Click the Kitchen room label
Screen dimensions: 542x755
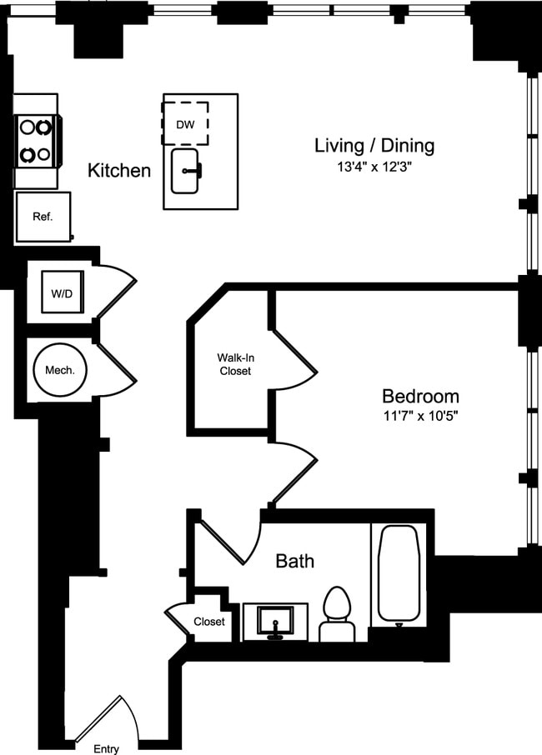pyautogui.click(x=119, y=171)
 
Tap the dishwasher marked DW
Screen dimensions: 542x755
pyautogui.click(x=185, y=123)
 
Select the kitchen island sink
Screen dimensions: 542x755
pyautogui.click(x=185, y=171)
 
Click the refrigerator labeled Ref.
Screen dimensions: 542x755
pyautogui.click(x=43, y=217)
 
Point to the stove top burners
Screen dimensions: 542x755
pyautogui.click(x=36, y=141)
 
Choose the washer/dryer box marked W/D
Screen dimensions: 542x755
pyautogui.click(x=63, y=292)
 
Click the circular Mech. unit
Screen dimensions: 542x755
pyautogui.click(x=60, y=370)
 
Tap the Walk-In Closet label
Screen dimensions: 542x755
pyautogui.click(x=236, y=364)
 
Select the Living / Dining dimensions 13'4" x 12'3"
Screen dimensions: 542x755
pyautogui.click(x=374, y=167)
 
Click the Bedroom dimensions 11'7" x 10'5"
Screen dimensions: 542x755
pyautogui.click(x=420, y=416)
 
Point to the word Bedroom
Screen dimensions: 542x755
pyautogui.click(x=420, y=397)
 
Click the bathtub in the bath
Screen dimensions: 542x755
pyautogui.click(x=399, y=573)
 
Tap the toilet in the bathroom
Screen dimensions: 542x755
pyautogui.click(x=337, y=614)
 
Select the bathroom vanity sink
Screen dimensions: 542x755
pyautogui.click(x=275, y=622)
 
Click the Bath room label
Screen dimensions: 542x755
pyautogui.click(x=295, y=561)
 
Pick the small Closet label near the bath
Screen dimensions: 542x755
pyautogui.click(x=209, y=622)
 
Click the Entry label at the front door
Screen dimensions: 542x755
pyautogui.click(x=106, y=748)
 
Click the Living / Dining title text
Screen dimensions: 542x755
pyautogui.click(x=374, y=145)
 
